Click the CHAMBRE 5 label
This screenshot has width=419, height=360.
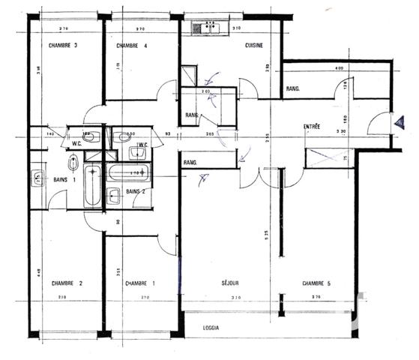coord(316,283)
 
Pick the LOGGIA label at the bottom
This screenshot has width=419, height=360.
coord(216,328)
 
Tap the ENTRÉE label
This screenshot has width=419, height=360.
coord(312,127)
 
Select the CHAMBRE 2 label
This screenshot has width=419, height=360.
coord(67,283)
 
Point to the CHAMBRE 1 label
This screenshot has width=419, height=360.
coord(140,283)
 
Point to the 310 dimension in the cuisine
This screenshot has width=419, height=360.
coord(237,28)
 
